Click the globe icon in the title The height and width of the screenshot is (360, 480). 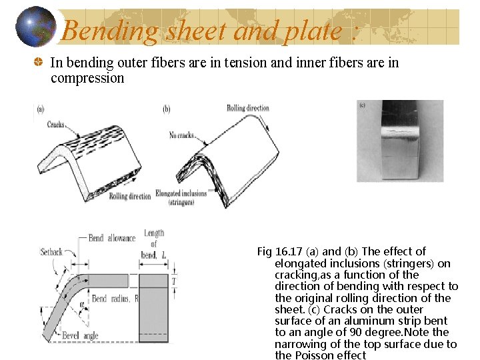(x=35, y=27)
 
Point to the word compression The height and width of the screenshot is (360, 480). (x=87, y=78)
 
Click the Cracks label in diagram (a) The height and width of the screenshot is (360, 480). (x=56, y=124)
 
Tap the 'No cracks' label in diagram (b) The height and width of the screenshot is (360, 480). (x=182, y=135)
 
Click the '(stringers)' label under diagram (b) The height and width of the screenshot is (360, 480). (x=181, y=201)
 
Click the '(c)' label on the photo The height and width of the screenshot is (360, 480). (x=363, y=105)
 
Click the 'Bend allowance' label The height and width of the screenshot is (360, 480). (x=111, y=238)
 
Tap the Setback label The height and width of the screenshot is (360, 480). (x=51, y=252)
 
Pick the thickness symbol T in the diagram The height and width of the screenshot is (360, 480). (x=174, y=281)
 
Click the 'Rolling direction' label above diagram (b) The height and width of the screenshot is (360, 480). (x=247, y=108)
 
